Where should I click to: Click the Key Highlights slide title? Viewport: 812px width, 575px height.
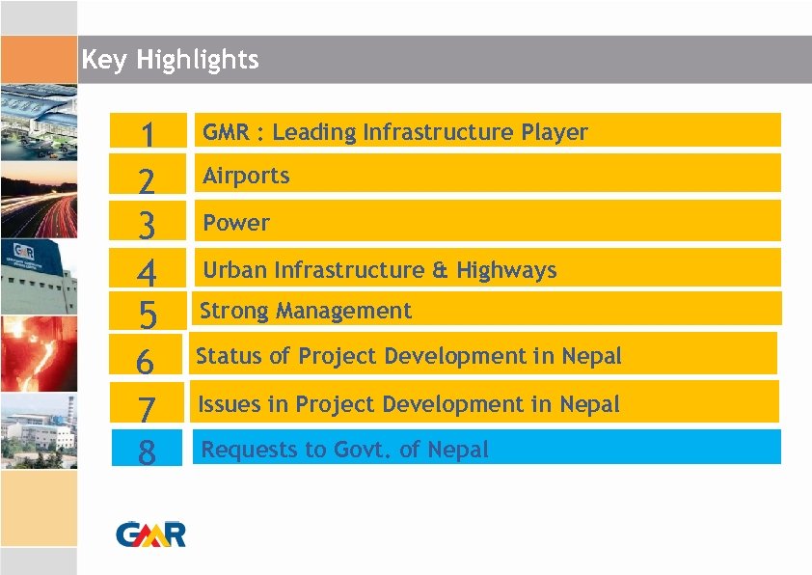point(171,60)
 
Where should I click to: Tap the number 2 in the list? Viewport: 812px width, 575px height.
point(147,180)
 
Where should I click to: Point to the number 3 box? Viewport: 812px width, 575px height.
point(147,225)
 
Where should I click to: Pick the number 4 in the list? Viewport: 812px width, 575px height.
point(147,271)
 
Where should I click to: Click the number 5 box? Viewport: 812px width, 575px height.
point(147,313)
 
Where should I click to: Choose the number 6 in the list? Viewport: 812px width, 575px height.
point(146,361)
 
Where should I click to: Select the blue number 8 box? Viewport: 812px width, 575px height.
point(147,451)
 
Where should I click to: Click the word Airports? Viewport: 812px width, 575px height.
point(246,176)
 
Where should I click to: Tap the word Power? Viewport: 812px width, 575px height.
point(236,223)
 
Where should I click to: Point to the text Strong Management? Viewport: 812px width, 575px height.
point(305,311)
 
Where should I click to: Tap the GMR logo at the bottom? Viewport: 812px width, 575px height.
point(151,534)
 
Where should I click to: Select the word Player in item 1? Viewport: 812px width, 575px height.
point(555,132)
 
